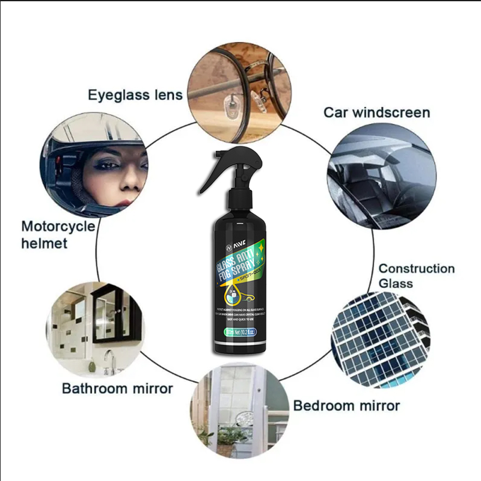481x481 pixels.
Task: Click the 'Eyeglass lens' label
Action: pos(135,95)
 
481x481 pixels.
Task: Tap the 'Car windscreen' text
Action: pos(377,112)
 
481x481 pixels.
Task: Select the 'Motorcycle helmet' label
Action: pos(58,234)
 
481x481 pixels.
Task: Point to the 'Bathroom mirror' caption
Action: pos(117,388)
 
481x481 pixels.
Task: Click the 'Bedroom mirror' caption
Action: pos(346,406)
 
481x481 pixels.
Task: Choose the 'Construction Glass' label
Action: pos(416,275)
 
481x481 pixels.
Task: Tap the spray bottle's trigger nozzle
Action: pos(224,170)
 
